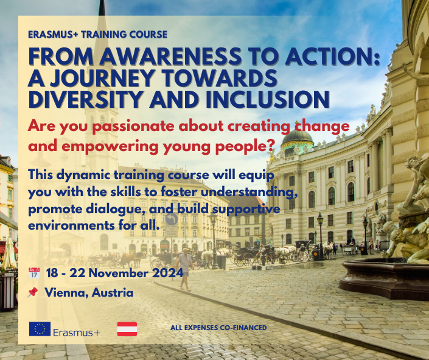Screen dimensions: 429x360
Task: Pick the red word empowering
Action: (110, 147)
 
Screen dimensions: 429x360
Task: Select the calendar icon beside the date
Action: (34, 273)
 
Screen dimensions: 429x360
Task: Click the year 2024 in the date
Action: (167, 273)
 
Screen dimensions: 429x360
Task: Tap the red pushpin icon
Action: (33, 292)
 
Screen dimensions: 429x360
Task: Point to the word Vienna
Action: (66, 292)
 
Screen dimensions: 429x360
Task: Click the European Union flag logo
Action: (40, 329)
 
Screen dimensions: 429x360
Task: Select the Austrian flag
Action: (127, 329)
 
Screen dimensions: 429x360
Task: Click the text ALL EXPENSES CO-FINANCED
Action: (218, 328)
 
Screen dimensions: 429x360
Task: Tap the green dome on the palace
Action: (297, 136)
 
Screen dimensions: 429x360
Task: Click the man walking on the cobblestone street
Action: (185, 269)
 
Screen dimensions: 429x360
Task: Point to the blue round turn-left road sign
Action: (172, 219)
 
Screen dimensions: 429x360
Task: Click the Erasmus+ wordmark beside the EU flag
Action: (77, 333)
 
